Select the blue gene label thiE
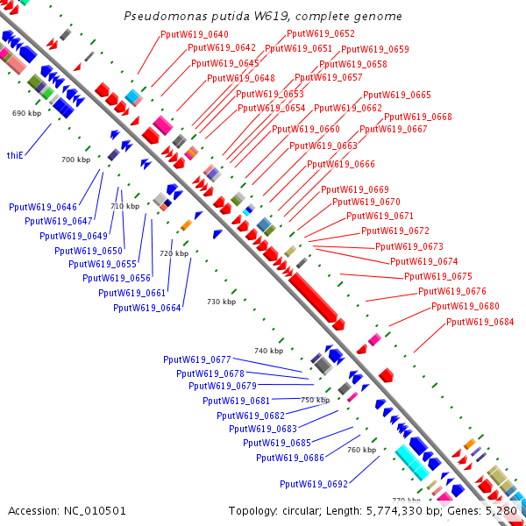15,155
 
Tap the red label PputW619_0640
195,34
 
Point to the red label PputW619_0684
480,322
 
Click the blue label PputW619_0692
314,484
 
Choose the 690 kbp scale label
27,113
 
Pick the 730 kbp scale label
222,302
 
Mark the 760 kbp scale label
361,450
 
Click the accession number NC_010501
95,511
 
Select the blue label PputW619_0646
43,207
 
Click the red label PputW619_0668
418,117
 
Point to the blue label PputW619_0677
197,359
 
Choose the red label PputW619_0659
375,49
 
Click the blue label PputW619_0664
147,308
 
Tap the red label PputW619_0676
452,291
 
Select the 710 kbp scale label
125,206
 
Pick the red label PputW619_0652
321,33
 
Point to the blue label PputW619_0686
290,458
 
